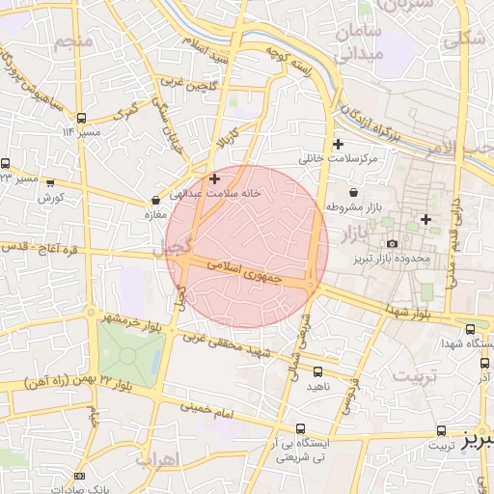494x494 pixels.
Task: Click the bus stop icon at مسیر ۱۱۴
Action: coord(83,115)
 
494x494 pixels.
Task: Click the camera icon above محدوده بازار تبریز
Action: coord(392,243)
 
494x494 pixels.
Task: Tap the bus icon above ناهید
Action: coord(318,371)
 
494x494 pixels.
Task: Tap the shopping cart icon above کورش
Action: coord(49,181)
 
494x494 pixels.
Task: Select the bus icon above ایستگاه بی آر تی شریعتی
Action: coord(301,428)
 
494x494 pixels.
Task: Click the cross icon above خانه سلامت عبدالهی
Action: coord(214,178)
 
